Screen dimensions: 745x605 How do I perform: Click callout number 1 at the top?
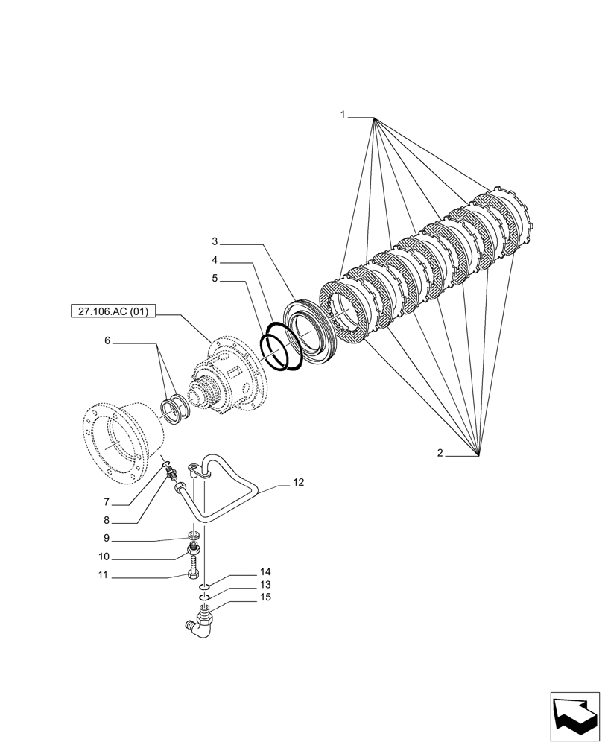tap(343, 115)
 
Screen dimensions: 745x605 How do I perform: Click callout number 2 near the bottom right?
tap(440, 453)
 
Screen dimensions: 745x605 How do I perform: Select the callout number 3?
tap(215, 241)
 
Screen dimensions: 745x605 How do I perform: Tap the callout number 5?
tap(215, 279)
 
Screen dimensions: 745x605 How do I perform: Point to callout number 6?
tap(107, 340)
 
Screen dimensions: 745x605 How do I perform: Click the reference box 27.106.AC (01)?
tap(112, 313)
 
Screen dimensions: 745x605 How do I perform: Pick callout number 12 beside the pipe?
tap(298, 483)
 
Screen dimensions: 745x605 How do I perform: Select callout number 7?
tap(107, 502)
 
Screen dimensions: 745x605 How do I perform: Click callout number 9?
tap(107, 539)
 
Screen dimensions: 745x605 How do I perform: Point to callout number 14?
tap(265, 572)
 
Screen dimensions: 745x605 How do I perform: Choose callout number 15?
tap(265, 597)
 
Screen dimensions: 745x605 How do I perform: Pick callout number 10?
tap(104, 557)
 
